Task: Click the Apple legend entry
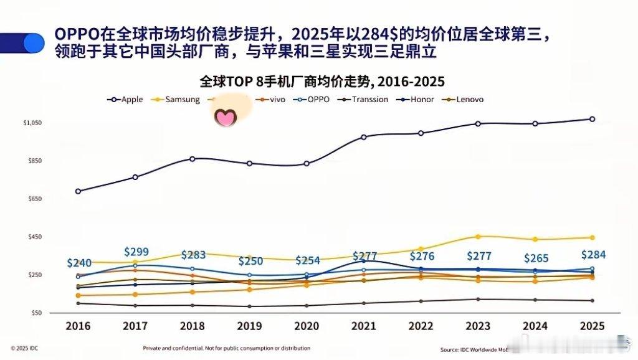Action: tap(126, 100)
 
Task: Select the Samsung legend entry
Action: tap(176, 100)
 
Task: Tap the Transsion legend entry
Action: tap(364, 100)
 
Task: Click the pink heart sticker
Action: tap(224, 116)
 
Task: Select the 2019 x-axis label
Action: tap(249, 326)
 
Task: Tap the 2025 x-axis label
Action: tap(591, 326)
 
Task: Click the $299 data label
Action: tap(136, 252)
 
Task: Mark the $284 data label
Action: tap(593, 255)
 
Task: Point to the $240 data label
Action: tap(79, 263)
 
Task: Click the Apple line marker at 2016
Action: tap(78, 191)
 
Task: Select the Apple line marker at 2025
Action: tap(592, 119)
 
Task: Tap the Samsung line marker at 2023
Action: tap(478, 237)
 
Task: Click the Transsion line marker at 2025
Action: tap(592, 301)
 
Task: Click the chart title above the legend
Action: tap(323, 82)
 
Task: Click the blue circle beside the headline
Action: tap(33, 42)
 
